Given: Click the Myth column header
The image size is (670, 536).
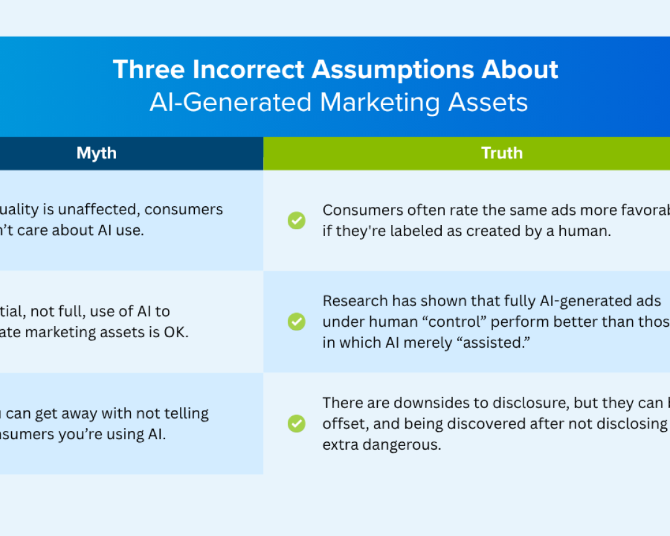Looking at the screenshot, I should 96,153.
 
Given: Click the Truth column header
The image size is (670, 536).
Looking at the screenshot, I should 501,153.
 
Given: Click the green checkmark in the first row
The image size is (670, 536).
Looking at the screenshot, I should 297,220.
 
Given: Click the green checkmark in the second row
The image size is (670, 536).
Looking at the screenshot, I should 297,321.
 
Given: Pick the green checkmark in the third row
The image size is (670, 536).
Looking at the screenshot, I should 297,424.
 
